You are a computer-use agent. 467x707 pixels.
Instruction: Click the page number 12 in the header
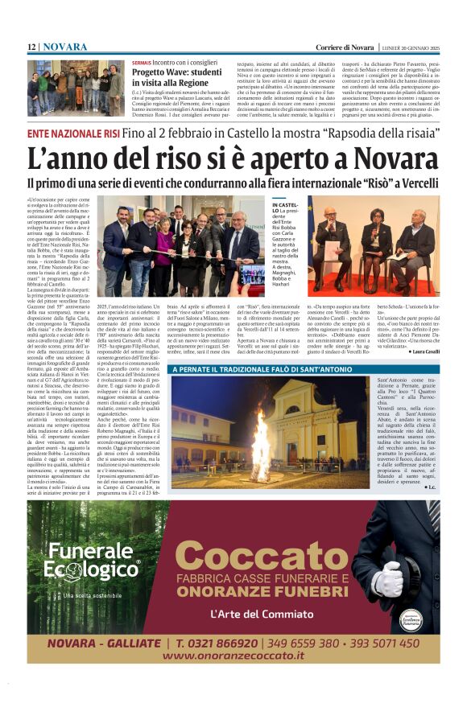31,47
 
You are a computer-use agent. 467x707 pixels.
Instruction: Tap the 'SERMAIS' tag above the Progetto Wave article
141,62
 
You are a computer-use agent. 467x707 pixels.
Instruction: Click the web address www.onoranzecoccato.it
233,656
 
